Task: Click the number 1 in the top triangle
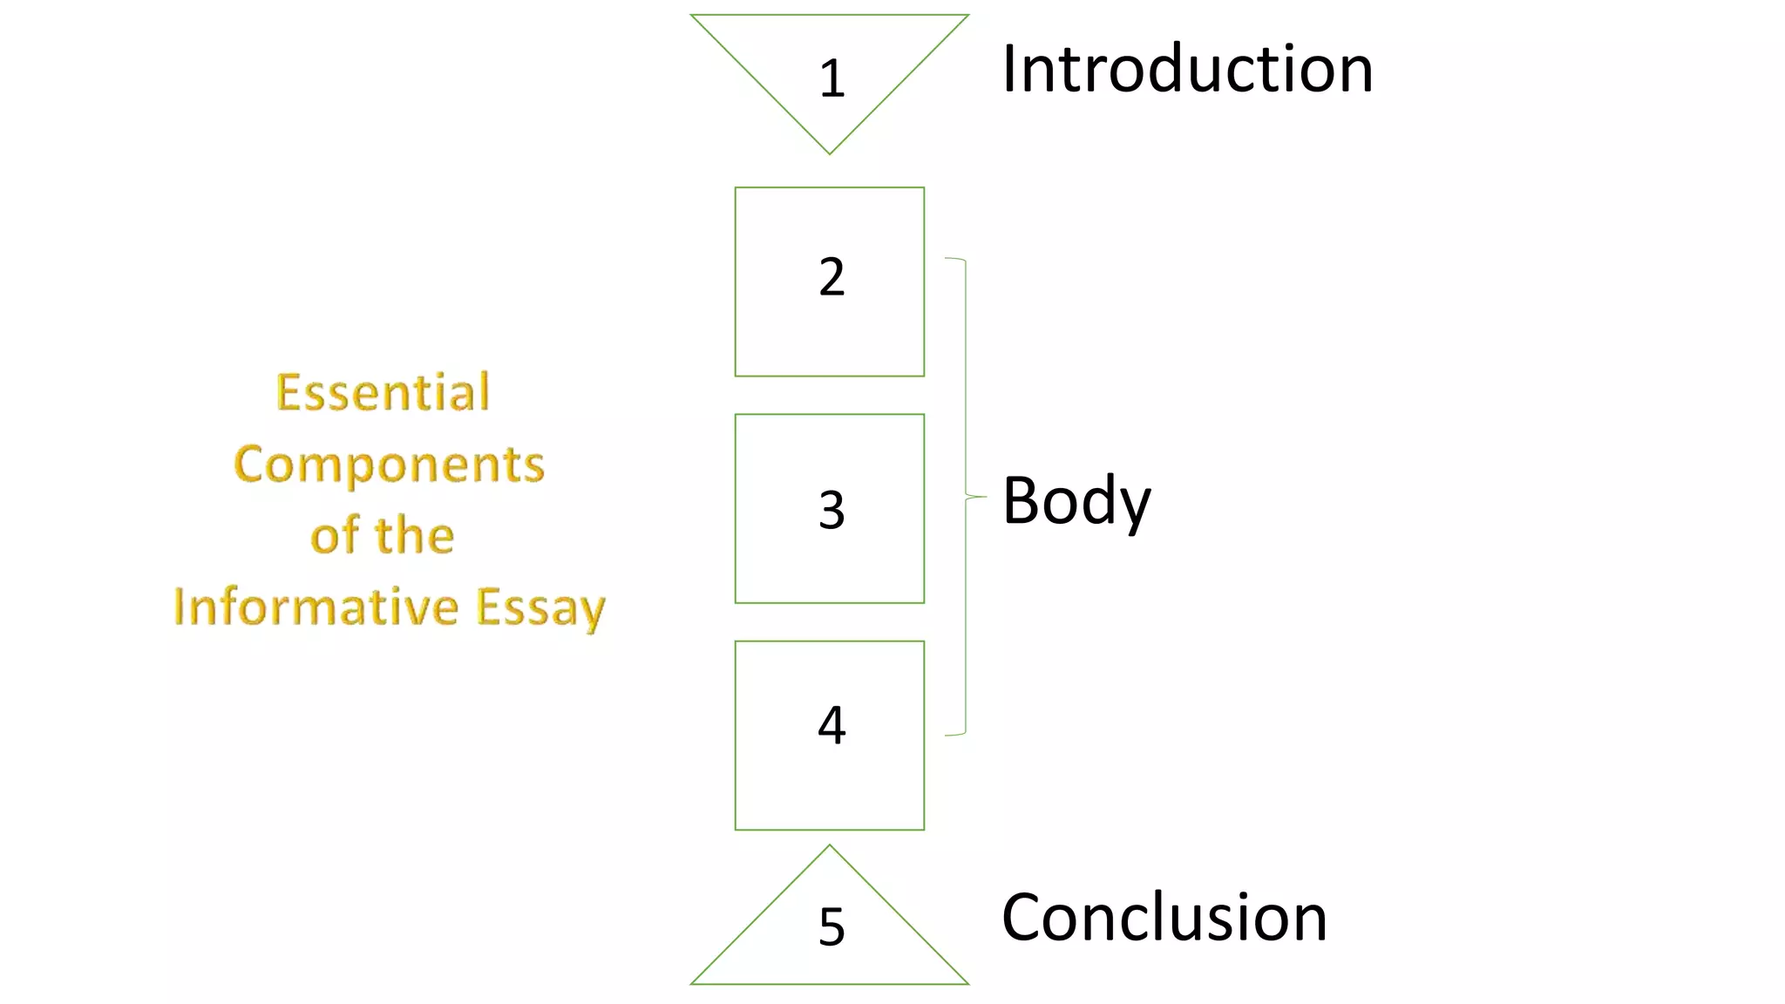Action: [x=831, y=78]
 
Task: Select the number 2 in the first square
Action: [x=831, y=277]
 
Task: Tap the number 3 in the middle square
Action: [x=831, y=510]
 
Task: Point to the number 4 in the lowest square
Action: [x=831, y=724]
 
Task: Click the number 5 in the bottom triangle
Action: [x=831, y=926]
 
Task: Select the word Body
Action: [x=1076, y=501]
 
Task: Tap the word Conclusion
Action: [x=1164, y=917]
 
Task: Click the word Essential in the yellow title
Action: [x=383, y=392]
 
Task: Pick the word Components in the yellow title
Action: [x=389, y=464]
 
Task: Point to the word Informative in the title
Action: [x=316, y=607]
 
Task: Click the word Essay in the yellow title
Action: [x=540, y=608]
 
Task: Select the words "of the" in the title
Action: [x=383, y=535]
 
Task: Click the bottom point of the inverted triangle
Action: [x=830, y=153]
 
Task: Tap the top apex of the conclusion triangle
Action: [x=830, y=845]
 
